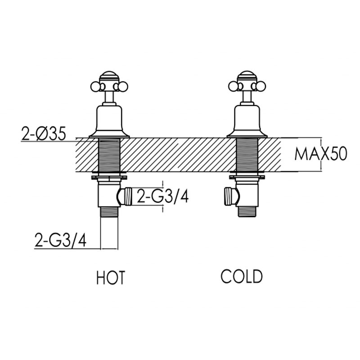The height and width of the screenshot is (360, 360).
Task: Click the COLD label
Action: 241,276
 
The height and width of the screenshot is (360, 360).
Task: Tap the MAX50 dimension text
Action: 320,154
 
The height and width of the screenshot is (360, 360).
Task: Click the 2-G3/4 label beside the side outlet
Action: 161,197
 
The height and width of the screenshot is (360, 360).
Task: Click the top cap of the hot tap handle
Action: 109,75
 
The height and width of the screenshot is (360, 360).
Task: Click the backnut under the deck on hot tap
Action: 109,177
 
